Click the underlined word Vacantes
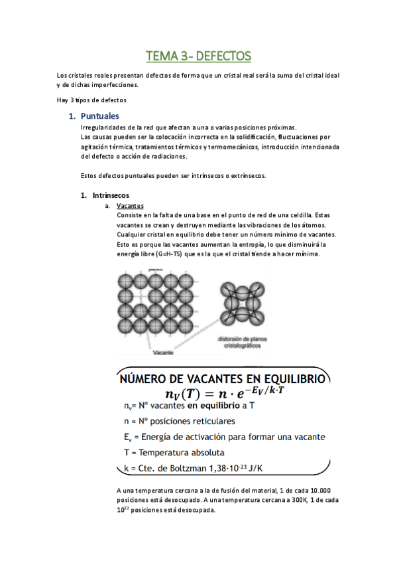pos(130,206)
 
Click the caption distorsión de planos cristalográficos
pos(243,341)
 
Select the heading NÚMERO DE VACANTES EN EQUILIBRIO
pos(221,379)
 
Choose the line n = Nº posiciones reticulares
pos(179,420)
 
